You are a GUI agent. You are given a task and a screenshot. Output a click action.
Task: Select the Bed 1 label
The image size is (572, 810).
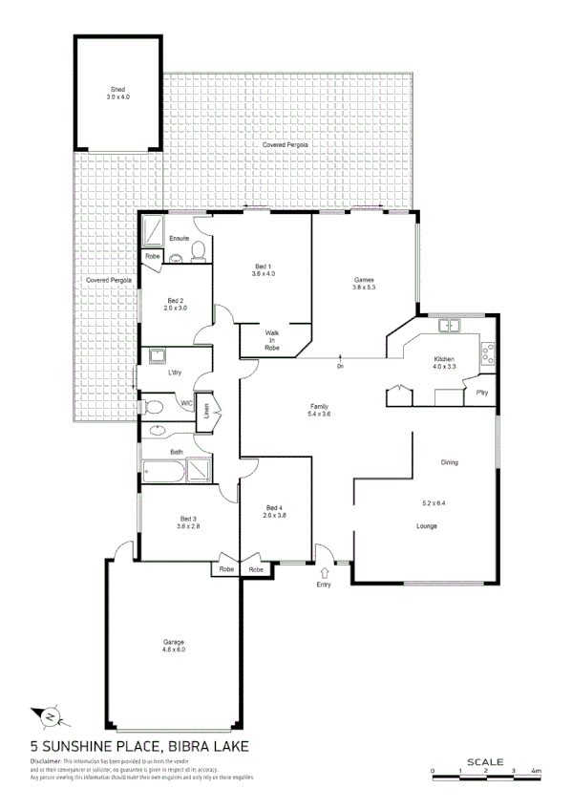[x=263, y=269]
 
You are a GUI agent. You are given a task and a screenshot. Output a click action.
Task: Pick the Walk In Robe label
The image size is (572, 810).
[x=271, y=340]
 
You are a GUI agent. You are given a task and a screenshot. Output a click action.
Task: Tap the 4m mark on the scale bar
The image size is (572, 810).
[x=537, y=770]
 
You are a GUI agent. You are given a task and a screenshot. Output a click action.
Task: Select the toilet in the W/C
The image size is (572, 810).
[x=153, y=406]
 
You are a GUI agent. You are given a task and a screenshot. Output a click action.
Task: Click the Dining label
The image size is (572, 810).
[x=449, y=463]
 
